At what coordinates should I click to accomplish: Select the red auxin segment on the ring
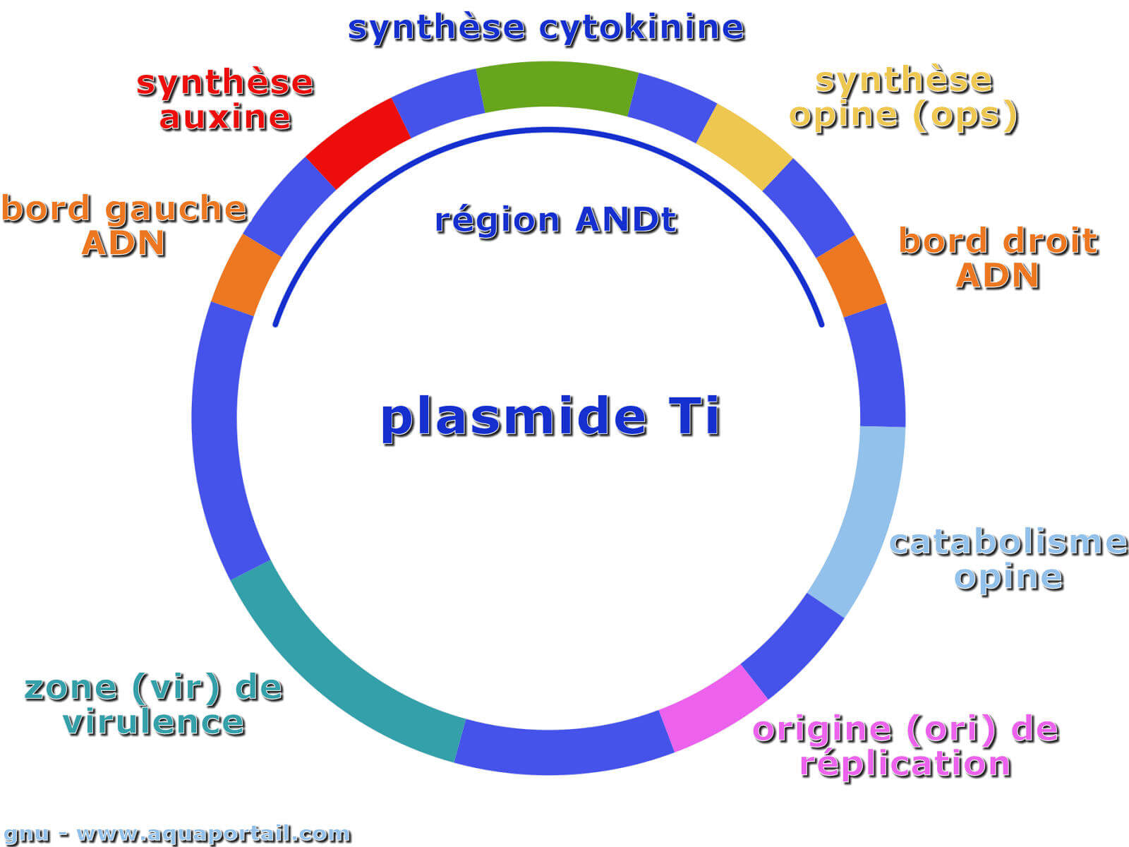(x=358, y=143)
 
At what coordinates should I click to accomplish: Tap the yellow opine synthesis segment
(x=744, y=147)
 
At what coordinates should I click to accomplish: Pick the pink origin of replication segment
(x=713, y=709)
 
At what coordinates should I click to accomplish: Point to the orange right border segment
(x=851, y=276)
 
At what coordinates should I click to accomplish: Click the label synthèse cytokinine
(x=546, y=29)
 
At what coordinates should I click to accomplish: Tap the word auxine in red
(x=226, y=118)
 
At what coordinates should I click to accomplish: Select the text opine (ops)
(x=904, y=116)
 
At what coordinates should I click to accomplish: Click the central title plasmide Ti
(x=550, y=417)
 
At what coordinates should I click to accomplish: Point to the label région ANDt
(x=556, y=222)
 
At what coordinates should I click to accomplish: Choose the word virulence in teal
(x=154, y=723)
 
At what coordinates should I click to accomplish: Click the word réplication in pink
(x=906, y=764)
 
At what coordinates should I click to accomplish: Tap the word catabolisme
(x=1009, y=543)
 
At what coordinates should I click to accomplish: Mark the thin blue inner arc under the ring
(x=548, y=130)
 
